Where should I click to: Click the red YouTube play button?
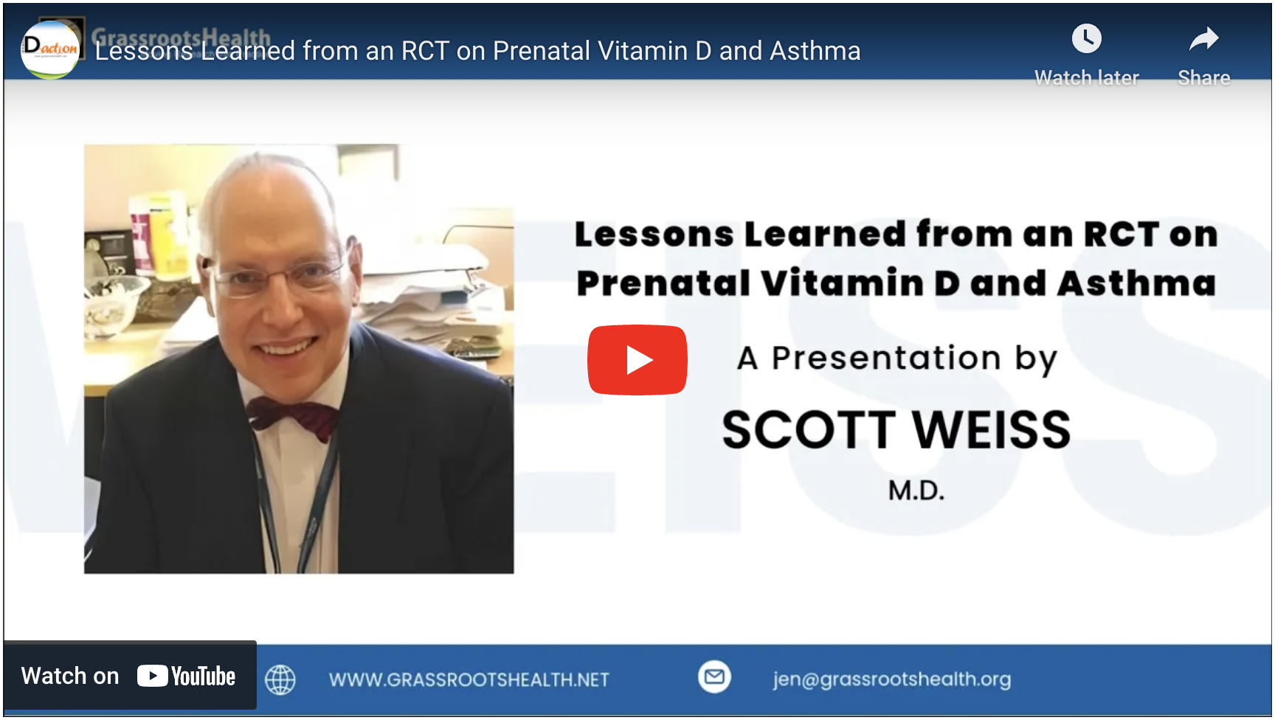(637, 360)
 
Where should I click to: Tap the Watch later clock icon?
(1086, 38)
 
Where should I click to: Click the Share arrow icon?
(1203, 38)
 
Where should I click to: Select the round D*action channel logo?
(50, 49)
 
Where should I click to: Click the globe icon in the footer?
(280, 679)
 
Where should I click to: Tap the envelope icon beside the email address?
(714, 676)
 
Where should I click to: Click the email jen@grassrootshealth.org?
(892, 679)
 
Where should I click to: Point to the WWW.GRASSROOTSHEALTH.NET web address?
(469, 679)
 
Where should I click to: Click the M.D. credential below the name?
(916, 491)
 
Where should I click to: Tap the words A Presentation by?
(897, 359)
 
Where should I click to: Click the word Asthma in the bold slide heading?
(1136, 283)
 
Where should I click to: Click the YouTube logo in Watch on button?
(186, 676)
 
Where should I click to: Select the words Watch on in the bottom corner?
(70, 676)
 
